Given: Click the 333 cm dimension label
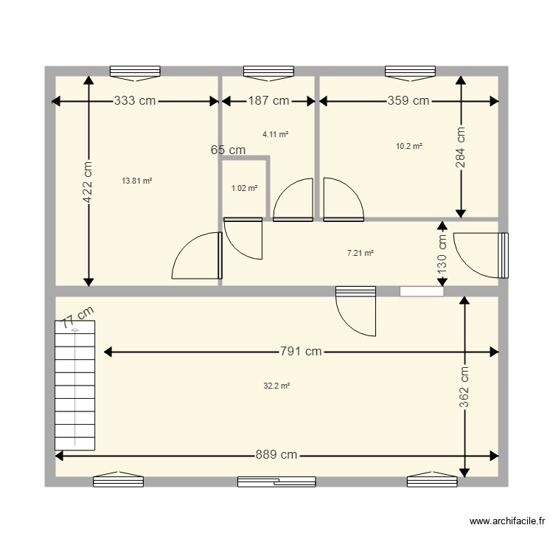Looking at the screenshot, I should [x=134, y=101].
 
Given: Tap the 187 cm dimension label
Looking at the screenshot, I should [x=268, y=101].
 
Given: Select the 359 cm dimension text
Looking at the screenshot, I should [x=408, y=101].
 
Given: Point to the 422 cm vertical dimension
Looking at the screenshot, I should [x=88, y=181].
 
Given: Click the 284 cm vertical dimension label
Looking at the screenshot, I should [x=461, y=148].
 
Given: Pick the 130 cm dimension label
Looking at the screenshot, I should [x=442, y=255].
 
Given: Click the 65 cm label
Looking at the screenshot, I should [x=228, y=150].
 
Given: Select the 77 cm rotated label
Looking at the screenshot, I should [x=77, y=318].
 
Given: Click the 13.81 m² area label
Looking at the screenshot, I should [x=136, y=181].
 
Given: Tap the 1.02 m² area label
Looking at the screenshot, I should [x=244, y=188].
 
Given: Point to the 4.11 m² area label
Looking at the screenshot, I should [x=275, y=134].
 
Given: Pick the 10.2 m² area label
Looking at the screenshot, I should [x=409, y=146].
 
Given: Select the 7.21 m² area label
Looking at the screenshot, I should [x=360, y=253].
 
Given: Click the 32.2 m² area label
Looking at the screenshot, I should [x=276, y=386].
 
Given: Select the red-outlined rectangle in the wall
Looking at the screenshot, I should [x=422, y=291].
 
